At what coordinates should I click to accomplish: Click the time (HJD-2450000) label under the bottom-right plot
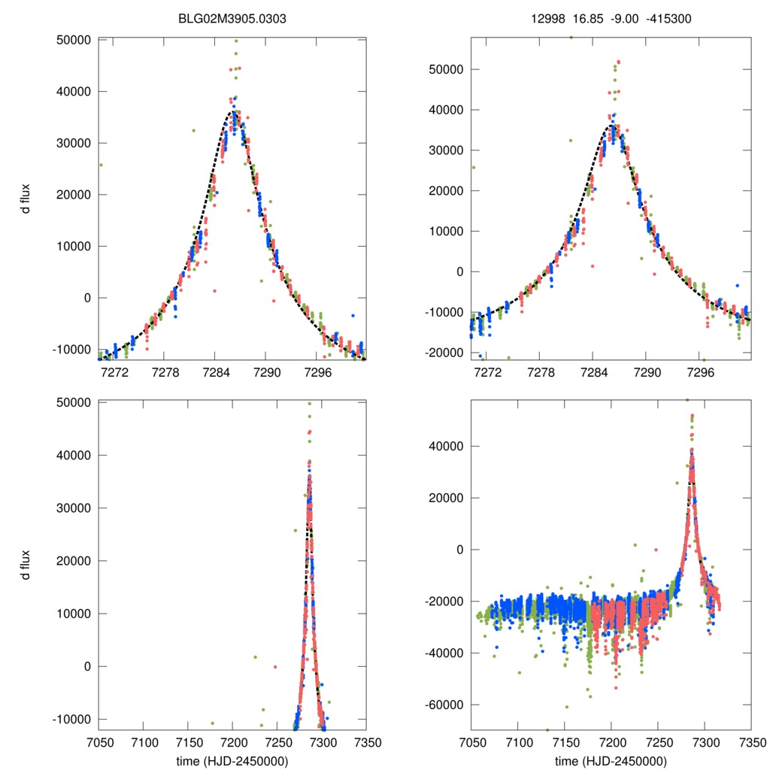click(x=611, y=761)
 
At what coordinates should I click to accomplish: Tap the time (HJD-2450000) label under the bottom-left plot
click(x=234, y=761)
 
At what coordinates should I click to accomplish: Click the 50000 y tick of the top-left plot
click(x=74, y=40)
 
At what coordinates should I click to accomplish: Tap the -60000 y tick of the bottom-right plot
click(x=442, y=705)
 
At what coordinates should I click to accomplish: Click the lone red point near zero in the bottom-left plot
click(x=275, y=666)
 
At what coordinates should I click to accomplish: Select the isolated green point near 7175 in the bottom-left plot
click(x=212, y=723)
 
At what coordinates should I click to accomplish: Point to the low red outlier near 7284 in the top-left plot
click(x=214, y=290)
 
